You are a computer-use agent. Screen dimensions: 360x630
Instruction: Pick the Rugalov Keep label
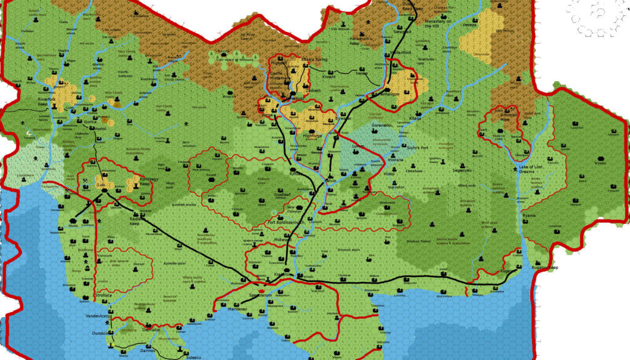point(544,268)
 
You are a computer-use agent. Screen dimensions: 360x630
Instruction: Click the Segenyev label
point(462,169)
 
